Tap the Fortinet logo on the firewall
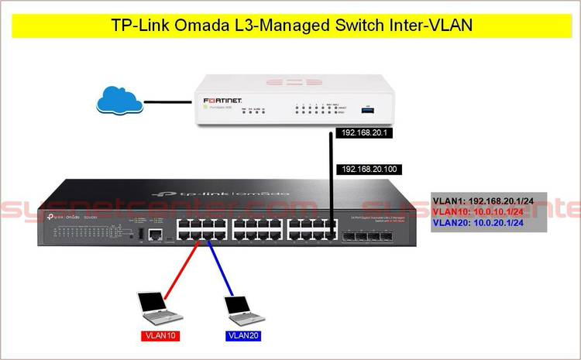click(x=223, y=101)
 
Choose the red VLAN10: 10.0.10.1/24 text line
click(x=478, y=211)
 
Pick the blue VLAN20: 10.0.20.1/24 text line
click(x=478, y=223)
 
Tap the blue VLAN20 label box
click(x=244, y=336)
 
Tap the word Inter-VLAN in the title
click(x=435, y=25)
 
